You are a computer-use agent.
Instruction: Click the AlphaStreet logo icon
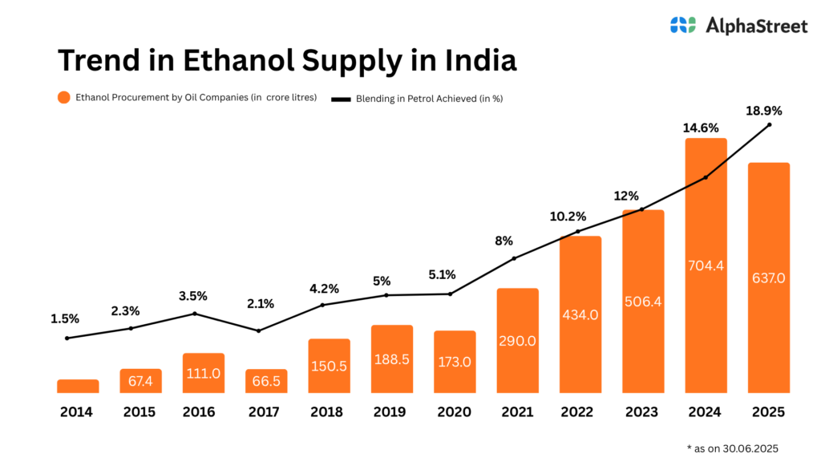683,25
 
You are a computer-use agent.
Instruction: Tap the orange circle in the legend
64,98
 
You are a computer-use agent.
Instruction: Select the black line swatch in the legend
342,99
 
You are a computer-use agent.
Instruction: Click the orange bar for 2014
78,386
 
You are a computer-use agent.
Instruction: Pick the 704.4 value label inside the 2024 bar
706,265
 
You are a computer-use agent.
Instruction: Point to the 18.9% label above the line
764,111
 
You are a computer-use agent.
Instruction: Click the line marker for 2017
258,330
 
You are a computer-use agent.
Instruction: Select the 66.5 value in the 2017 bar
265,381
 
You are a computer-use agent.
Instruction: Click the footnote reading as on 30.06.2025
733,448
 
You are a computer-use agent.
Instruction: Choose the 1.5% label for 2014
66,318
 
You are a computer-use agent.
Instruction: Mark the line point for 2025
770,124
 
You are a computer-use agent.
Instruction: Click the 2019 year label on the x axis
390,412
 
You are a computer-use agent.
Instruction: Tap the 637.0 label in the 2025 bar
769,278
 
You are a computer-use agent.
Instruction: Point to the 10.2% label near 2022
568,217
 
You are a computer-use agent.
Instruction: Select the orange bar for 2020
455,362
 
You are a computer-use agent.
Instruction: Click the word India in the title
477,62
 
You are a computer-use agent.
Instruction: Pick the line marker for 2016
195,313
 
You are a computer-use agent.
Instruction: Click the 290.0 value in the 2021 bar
517,341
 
